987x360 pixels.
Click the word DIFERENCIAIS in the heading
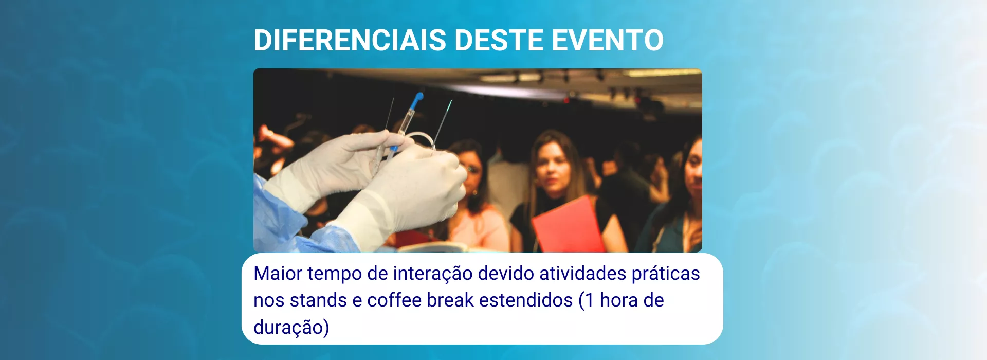pyautogui.click(x=350, y=40)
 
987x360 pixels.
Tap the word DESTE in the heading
pyautogui.click(x=499, y=40)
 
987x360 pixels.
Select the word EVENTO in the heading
pyautogui.click(x=608, y=40)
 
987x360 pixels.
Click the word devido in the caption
pyautogui.click(x=506, y=273)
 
